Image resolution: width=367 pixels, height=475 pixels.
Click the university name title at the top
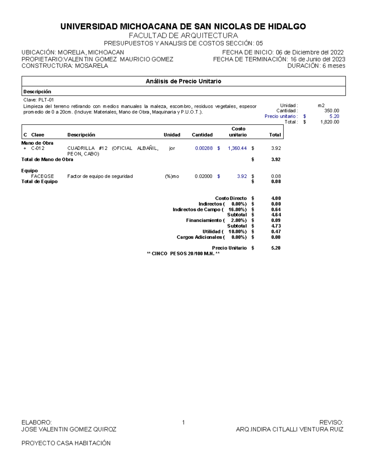[x=183, y=27]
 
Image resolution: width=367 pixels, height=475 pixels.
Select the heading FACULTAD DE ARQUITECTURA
[x=183, y=35]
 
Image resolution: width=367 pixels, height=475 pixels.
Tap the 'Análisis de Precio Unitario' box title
[x=183, y=81]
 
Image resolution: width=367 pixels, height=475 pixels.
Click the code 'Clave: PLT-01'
[x=39, y=100]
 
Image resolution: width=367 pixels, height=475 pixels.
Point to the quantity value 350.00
[x=332, y=111]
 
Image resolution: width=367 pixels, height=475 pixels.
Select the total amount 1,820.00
[x=329, y=122]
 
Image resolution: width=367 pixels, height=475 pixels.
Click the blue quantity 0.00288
[x=204, y=148]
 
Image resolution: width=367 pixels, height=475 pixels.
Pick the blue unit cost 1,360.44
[x=237, y=148]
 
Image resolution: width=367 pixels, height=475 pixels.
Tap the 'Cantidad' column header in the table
[x=202, y=135]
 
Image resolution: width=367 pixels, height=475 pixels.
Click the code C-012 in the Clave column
[x=38, y=148]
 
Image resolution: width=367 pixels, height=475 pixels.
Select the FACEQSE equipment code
[x=42, y=176]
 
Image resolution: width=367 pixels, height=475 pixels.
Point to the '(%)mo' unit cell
[x=172, y=176]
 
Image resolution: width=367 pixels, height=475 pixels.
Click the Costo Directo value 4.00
[x=276, y=198]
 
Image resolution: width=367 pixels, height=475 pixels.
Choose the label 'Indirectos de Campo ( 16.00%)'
[x=209, y=210]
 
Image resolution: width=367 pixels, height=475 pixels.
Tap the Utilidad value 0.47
[x=276, y=232]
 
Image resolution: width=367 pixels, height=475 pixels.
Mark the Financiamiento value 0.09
[x=276, y=220]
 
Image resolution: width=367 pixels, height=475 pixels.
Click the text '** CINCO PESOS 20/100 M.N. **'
[x=183, y=254]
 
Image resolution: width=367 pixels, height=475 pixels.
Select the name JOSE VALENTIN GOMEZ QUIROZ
[x=69, y=429]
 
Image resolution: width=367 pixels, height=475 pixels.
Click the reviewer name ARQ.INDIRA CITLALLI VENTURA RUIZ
[x=289, y=429]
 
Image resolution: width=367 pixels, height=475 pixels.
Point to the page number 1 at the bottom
[x=183, y=423]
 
